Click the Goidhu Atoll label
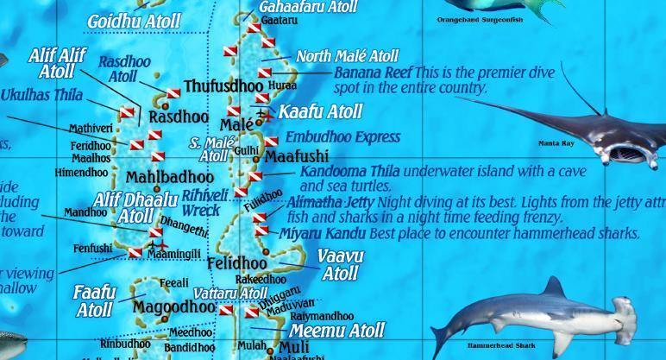[134, 21]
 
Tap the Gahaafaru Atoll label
[308, 7]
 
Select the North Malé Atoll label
[347, 56]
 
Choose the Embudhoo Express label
[342, 137]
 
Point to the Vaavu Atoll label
[340, 265]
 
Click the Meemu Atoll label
[336, 330]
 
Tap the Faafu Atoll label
[93, 300]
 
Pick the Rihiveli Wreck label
[204, 203]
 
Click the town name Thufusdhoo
[223, 87]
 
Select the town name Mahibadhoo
[170, 178]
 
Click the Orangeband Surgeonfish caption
[480, 19]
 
